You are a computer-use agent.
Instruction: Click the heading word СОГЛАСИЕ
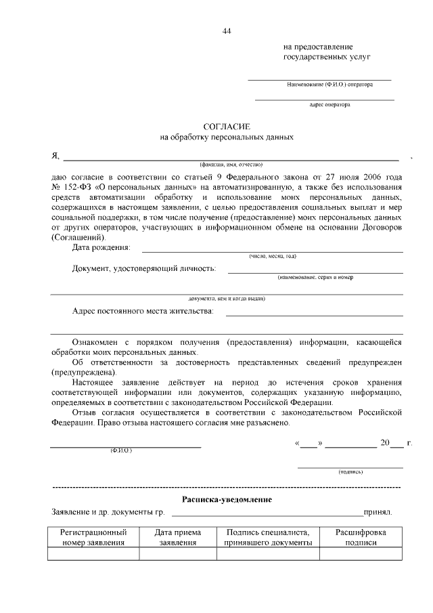tap(227, 127)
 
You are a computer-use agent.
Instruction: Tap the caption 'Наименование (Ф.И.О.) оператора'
tap(339, 85)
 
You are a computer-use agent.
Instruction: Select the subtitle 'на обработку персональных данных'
tap(227, 137)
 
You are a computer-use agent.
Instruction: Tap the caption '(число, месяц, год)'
tap(273, 256)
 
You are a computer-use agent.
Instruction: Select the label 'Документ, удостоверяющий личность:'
tap(144, 269)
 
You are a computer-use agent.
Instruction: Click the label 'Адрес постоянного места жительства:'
tap(142, 311)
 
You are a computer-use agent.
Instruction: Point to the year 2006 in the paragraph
tap(371, 177)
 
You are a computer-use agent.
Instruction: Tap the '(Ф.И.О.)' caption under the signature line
tap(121, 451)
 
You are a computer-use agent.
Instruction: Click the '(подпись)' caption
tap(350, 471)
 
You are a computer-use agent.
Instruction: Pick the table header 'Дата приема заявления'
tap(177, 537)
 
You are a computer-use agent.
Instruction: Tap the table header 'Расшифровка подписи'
tap(361, 537)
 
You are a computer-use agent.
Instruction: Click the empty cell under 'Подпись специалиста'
tap(268, 554)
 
